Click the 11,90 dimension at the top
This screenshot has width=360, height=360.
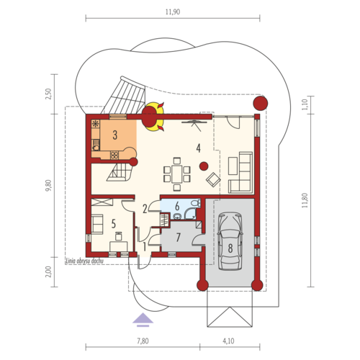(x=173, y=12)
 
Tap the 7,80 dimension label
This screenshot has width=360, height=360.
(x=143, y=341)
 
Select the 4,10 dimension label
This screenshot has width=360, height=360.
(x=228, y=341)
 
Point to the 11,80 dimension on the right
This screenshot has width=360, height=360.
(x=305, y=200)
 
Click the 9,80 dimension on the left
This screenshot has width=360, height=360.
(x=49, y=185)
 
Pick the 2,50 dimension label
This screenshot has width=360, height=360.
(x=49, y=94)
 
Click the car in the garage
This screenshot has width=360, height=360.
(x=230, y=241)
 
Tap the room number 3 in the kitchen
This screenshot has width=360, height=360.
(x=115, y=135)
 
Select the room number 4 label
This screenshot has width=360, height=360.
(x=198, y=148)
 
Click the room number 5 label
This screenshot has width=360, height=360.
(x=114, y=224)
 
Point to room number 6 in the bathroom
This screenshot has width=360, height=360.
(x=177, y=206)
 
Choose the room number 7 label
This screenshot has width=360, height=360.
(x=178, y=238)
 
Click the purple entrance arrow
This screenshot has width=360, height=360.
(x=143, y=320)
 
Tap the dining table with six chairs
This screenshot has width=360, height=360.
(x=177, y=174)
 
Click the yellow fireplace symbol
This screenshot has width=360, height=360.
(x=153, y=117)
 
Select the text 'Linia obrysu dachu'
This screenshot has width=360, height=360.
(x=85, y=261)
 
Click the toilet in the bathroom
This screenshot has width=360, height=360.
(x=196, y=203)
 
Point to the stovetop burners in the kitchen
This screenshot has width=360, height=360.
(x=114, y=155)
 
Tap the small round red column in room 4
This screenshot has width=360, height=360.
(x=204, y=166)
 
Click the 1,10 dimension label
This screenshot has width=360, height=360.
(x=305, y=104)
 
